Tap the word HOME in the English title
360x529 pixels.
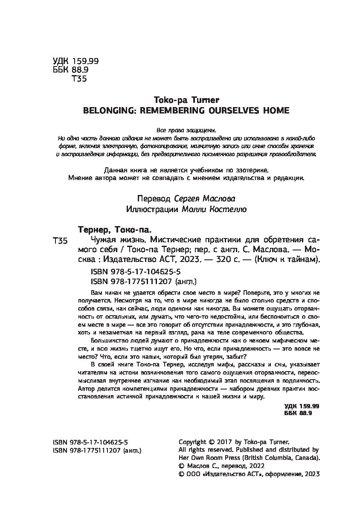coord(275,110)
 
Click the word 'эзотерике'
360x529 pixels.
coord(251,170)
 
